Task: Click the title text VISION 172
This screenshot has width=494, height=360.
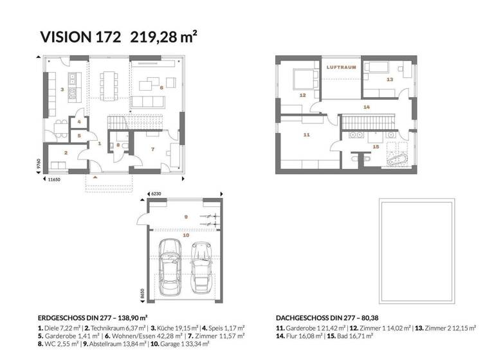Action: pyautogui.click(x=80, y=36)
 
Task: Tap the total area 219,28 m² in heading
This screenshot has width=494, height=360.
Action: pyautogui.click(x=163, y=36)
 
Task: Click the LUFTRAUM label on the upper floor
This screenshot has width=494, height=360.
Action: pyautogui.click(x=341, y=67)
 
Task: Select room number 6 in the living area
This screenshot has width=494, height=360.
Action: pyautogui.click(x=161, y=87)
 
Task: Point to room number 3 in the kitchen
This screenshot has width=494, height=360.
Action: pyautogui.click(x=62, y=89)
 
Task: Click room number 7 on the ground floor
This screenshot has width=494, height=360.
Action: pyautogui.click(x=152, y=149)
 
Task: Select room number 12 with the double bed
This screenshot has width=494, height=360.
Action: pyautogui.click(x=302, y=94)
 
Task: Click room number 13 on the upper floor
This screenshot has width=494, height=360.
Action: pyautogui.click(x=390, y=79)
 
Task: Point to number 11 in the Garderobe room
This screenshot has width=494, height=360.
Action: pyautogui.click(x=306, y=134)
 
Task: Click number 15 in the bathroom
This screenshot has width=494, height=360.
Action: pyautogui.click(x=376, y=147)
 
